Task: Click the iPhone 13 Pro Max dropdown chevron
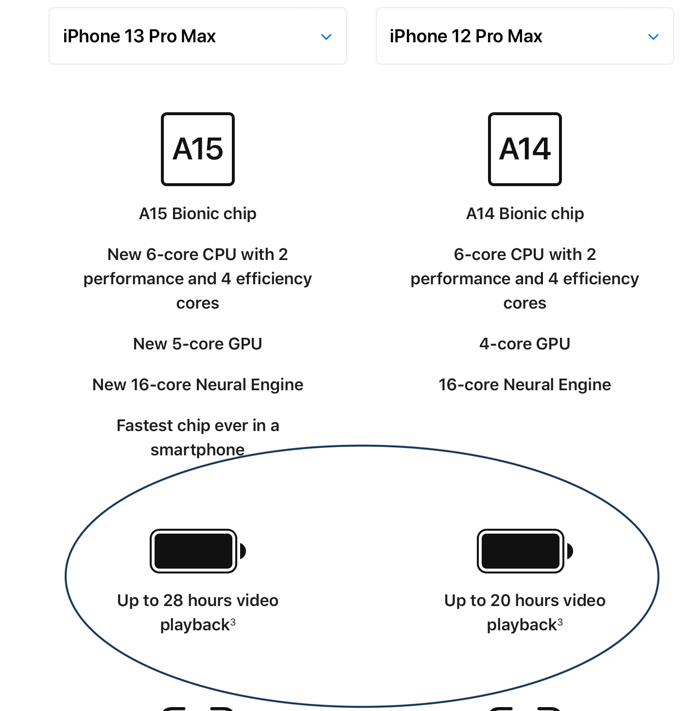(326, 36)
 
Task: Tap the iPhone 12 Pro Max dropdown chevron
(653, 36)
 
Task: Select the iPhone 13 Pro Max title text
(139, 36)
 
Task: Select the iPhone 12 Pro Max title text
(466, 36)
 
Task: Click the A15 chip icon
(198, 149)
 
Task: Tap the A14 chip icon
(524, 149)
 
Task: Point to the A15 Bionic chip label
(198, 213)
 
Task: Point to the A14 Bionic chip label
(524, 213)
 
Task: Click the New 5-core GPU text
(198, 344)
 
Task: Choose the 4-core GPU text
(524, 344)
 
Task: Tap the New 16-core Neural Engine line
(198, 384)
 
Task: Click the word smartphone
(198, 450)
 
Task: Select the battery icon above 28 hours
(198, 551)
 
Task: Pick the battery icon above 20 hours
(524, 551)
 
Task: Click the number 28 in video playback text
(173, 600)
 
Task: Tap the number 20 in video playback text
(500, 600)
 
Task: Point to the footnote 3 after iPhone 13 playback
(233, 622)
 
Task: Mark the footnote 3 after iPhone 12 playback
(559, 622)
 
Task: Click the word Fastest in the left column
(145, 425)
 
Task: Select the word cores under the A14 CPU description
(524, 303)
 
